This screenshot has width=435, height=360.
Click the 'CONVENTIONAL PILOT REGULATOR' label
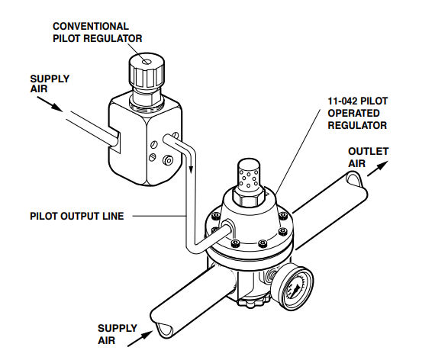coord(98,32)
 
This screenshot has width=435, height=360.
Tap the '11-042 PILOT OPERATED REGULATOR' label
coord(358,113)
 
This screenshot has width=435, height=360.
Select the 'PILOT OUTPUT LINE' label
coord(77,216)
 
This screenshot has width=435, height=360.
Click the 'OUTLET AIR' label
coord(368,157)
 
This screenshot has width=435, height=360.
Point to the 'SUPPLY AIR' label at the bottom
coord(117,334)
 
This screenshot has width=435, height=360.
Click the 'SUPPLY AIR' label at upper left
coord(50,84)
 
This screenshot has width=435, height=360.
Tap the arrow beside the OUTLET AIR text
coord(377,169)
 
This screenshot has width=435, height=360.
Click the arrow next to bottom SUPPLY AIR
coord(140,339)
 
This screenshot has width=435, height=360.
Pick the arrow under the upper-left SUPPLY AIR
coord(50,104)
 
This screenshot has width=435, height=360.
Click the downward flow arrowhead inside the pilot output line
coord(191,168)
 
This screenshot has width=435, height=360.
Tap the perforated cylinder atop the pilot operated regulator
coord(249,174)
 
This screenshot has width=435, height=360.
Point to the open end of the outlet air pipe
coord(356,179)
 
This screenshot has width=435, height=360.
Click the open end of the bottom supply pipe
coord(163,329)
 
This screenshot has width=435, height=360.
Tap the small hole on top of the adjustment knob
coord(147,62)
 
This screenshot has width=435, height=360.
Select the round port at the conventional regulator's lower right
coord(168,160)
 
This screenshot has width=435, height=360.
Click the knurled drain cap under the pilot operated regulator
coord(253,301)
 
